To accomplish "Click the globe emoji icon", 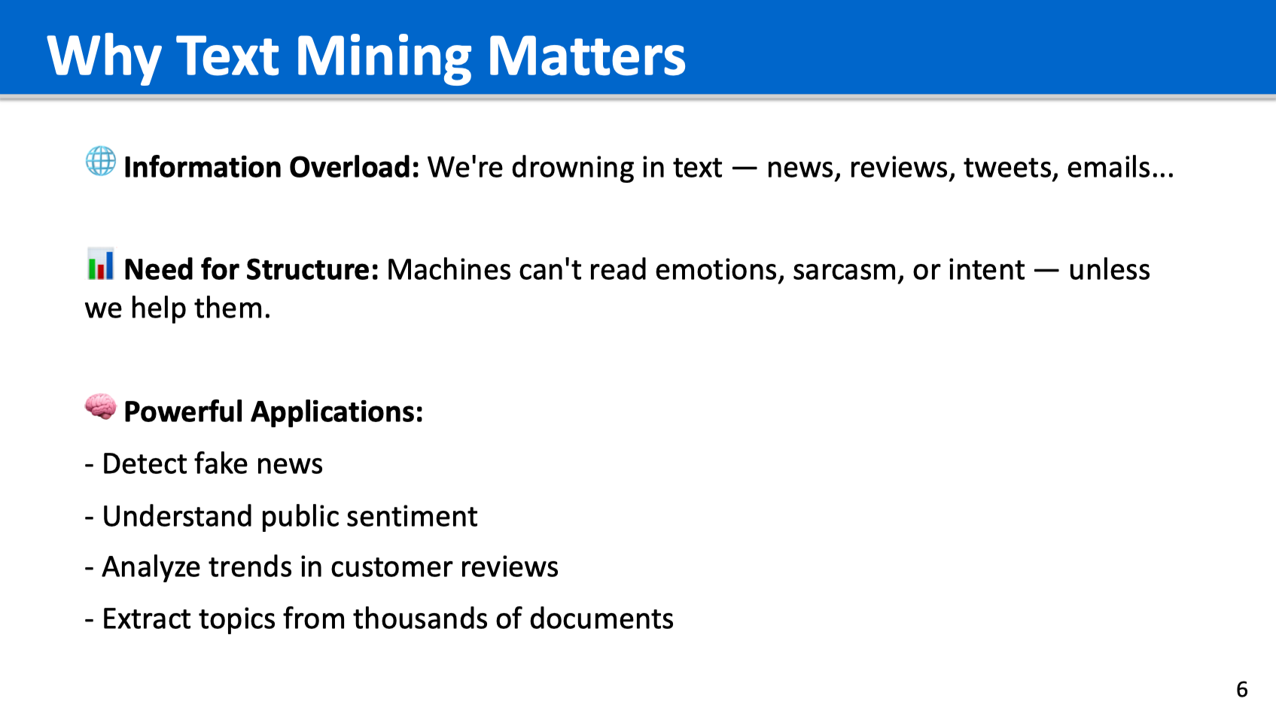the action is tap(101, 161).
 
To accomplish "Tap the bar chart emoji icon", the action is tap(101, 263).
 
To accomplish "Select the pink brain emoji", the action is tap(101, 406).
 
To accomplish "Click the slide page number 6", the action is tap(1242, 690).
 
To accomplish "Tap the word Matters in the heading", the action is tap(586, 56).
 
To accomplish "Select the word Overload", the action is tap(354, 168).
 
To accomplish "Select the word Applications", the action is tap(337, 412).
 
